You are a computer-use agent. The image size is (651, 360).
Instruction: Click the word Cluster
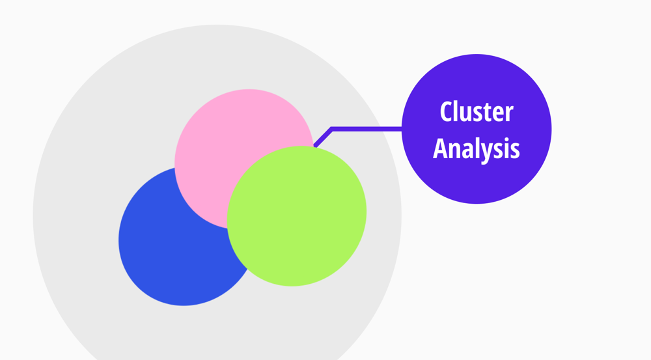click(476, 112)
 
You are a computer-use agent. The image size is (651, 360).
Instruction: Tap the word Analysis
click(476, 148)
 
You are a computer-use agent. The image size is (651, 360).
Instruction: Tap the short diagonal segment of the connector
click(324, 137)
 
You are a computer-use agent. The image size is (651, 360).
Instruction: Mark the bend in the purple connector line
click(332, 129)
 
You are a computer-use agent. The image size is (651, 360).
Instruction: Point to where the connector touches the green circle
click(316, 146)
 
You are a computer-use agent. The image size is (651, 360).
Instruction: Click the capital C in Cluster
click(447, 112)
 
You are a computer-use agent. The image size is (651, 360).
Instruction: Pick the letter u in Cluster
click(467, 114)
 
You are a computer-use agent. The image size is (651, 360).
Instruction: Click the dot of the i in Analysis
click(505, 139)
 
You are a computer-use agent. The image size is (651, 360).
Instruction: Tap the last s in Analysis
click(514, 150)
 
